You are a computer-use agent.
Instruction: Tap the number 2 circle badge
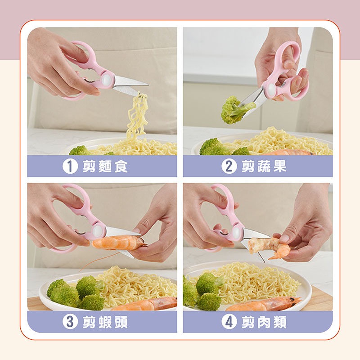coord(229,166)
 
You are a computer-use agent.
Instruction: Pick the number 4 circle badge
coord(229,322)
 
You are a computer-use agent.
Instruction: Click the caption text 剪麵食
coord(106,166)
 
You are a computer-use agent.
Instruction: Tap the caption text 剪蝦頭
coord(106,322)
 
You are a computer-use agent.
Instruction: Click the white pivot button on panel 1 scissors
coord(107,81)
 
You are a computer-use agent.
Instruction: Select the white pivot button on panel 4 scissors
coord(237,232)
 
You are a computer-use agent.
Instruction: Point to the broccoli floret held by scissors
coord(233,110)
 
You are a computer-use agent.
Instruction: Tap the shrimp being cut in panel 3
coord(118,243)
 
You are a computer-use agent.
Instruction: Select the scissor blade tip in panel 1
coord(145,84)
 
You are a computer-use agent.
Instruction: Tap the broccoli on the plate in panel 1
coord(79,150)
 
